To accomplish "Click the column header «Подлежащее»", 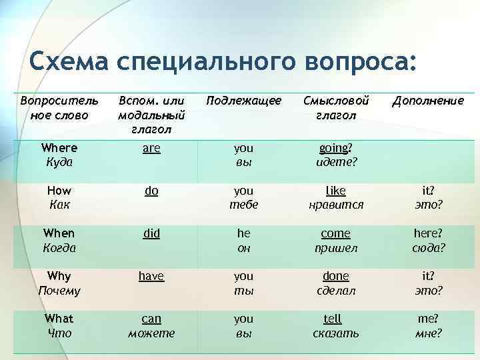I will coord(243,101).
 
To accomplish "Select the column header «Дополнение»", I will coord(427,101).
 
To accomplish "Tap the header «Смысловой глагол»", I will coord(336,107).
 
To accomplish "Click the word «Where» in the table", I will coord(59,148).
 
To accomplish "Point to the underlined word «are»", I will coord(151,148).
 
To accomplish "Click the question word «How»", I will coord(59,191).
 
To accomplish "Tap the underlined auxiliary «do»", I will coord(151,191).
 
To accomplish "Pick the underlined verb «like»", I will coord(336,191).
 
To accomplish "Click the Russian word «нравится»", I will coord(336,205).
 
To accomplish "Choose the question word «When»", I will coord(59,233).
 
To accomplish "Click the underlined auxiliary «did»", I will coord(151,233).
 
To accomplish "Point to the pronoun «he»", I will coord(243,233).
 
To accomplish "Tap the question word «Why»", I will coord(59,276).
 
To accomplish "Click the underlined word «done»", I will coord(336,276).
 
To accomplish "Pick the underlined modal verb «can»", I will coord(151,319).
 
